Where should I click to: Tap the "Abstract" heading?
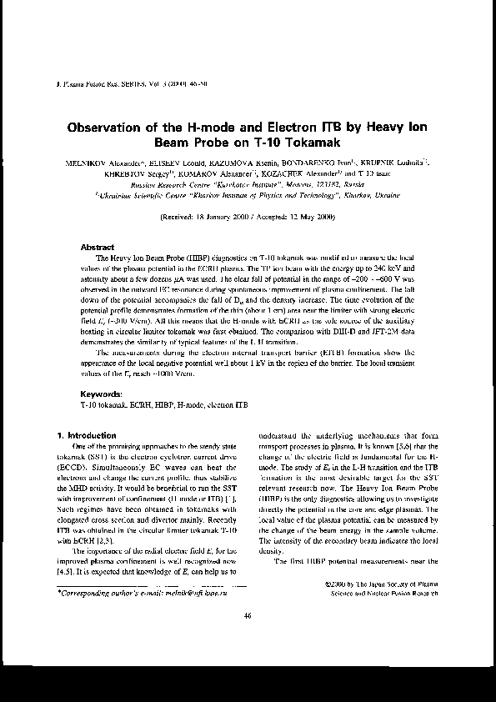coord(97,248)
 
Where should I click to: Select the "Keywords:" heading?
coord(101,393)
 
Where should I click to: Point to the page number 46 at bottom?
coord(248,662)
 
